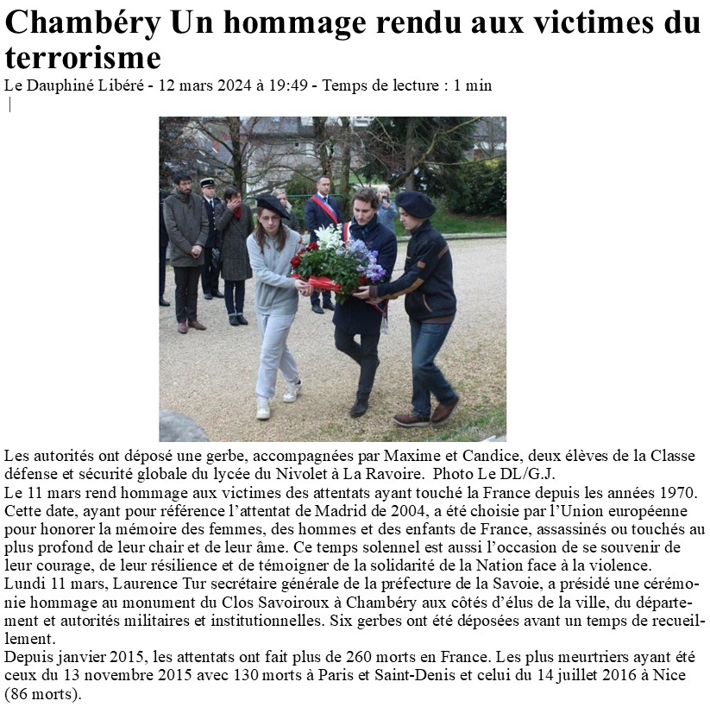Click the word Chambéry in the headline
[83, 24]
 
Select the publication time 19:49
[287, 85]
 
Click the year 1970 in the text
[676, 493]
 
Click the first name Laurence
[142, 584]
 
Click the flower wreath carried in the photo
[340, 259]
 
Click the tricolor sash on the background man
[327, 210]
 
